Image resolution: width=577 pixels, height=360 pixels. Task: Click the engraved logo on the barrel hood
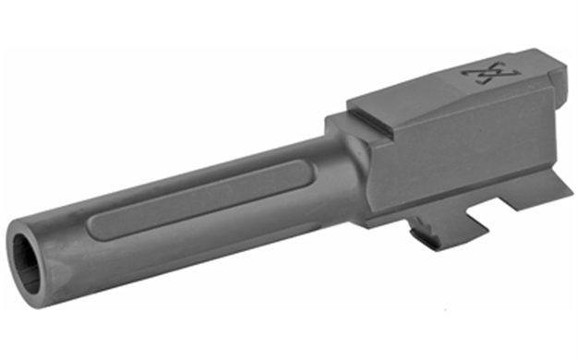492,71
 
